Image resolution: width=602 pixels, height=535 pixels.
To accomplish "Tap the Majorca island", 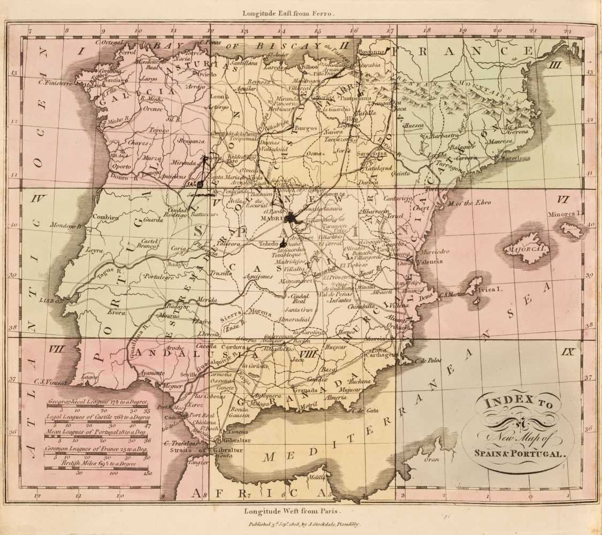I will tap(526, 249).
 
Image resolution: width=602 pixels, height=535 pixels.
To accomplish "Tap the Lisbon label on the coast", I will tap(51, 301).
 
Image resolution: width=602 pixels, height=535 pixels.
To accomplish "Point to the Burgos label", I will tap(307, 128).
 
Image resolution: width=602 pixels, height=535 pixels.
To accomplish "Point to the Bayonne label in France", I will tap(374, 52).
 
